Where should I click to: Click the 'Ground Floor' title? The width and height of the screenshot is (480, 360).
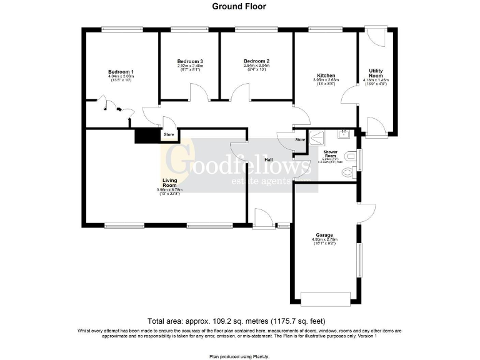point(239,7)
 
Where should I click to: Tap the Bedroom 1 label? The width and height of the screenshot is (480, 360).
point(121,72)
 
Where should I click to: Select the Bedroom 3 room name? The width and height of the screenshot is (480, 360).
point(190,61)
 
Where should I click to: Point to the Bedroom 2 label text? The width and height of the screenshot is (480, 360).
point(256,61)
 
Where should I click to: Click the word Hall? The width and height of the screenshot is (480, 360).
point(269,160)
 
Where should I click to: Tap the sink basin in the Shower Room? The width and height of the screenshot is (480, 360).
point(344,133)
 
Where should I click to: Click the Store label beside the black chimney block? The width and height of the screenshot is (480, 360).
point(169,134)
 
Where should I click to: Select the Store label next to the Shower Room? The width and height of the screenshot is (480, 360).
point(300,140)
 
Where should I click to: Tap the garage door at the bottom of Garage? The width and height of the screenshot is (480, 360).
point(326,298)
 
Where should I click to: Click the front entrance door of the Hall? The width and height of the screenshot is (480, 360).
point(263,219)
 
